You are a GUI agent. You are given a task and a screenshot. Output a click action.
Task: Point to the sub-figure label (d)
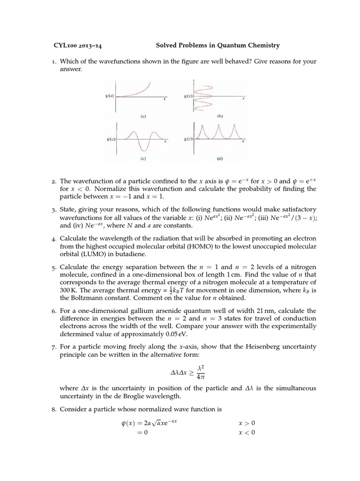[x=219, y=159]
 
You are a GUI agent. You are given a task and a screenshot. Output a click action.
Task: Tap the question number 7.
[x=54, y=347]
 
